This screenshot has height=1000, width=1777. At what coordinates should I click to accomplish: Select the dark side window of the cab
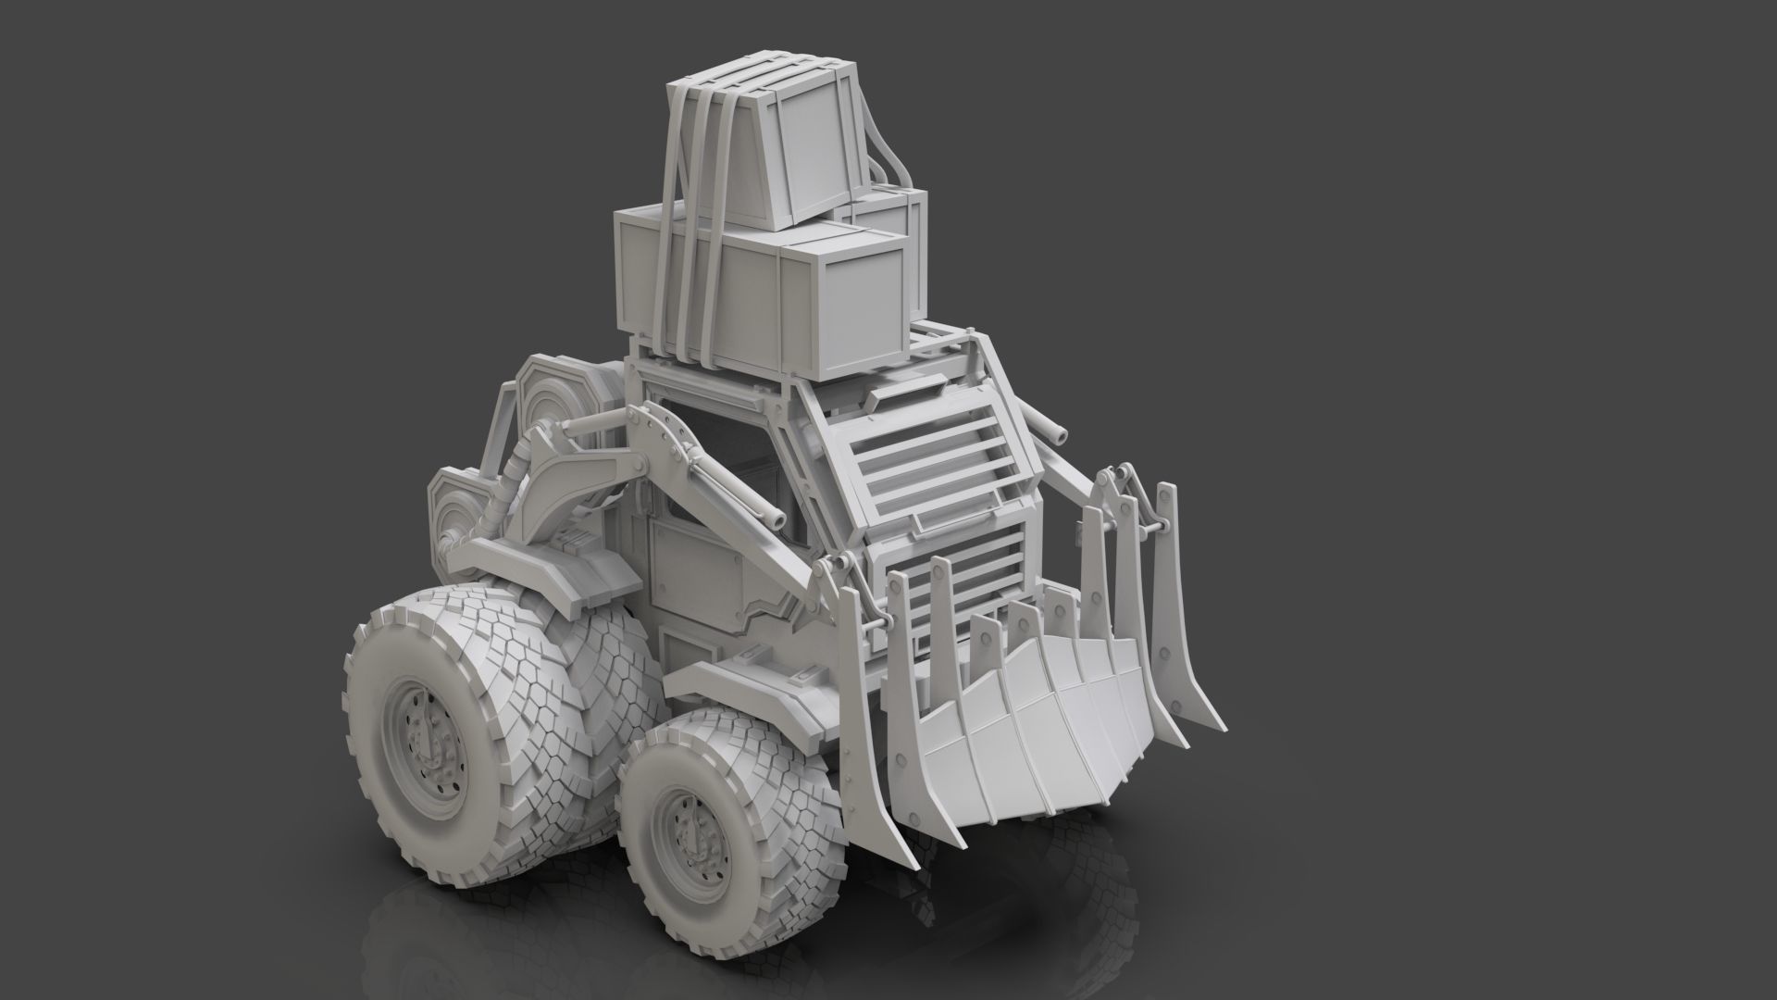click(713, 472)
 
